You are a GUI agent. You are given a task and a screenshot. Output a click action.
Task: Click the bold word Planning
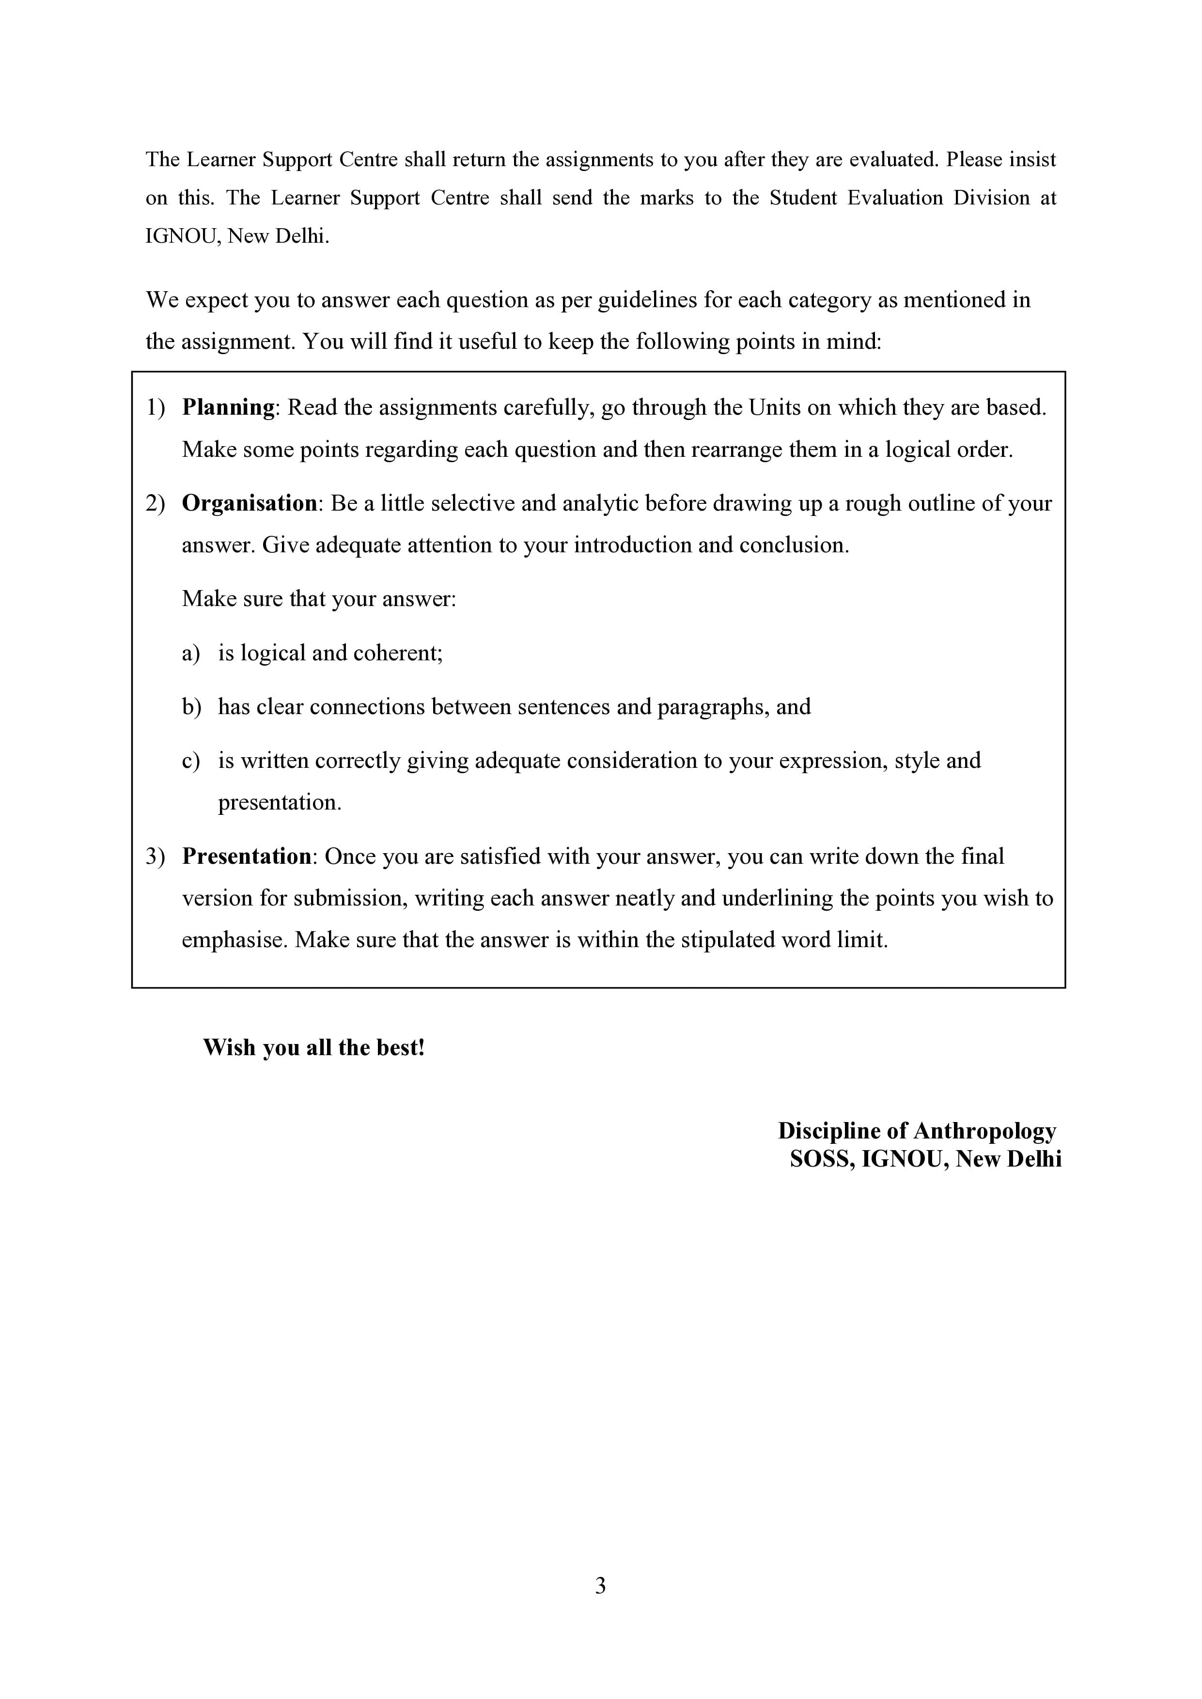[228, 408]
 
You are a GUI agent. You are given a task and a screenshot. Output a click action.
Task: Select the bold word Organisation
[250, 503]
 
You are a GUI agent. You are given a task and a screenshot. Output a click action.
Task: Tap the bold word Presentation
[247, 856]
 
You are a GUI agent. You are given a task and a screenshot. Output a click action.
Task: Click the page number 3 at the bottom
[600, 1585]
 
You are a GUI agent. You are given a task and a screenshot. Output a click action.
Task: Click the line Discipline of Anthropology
[916, 1131]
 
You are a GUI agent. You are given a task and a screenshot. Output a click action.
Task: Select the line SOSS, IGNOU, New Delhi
[925, 1159]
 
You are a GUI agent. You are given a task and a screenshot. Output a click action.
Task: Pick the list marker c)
[191, 761]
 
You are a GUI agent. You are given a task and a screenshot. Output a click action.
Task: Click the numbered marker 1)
[156, 408]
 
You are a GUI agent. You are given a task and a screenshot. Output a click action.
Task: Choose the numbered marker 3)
[156, 856]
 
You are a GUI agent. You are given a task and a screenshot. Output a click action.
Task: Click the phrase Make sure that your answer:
[319, 599]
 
